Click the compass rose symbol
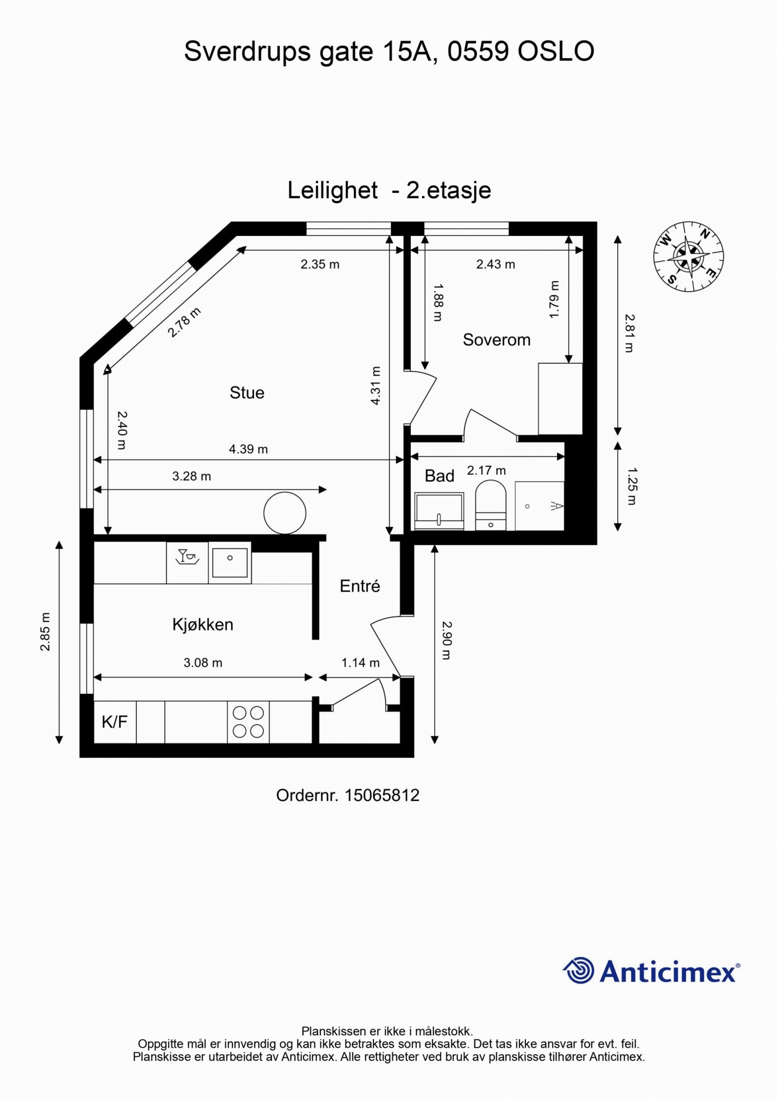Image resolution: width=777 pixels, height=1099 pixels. (x=689, y=256)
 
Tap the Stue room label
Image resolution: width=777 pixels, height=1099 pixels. (x=247, y=392)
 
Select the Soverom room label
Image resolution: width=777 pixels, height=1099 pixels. (x=496, y=339)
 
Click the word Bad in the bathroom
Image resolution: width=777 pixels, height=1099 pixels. (x=439, y=476)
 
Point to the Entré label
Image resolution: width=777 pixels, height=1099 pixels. (x=360, y=586)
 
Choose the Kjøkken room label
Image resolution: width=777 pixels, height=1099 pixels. (x=203, y=625)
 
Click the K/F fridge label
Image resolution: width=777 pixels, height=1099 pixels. (x=115, y=722)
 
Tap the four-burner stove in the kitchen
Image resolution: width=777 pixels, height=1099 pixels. (x=248, y=722)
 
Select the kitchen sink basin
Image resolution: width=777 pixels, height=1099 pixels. (x=230, y=562)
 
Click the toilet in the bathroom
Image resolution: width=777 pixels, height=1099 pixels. (x=490, y=505)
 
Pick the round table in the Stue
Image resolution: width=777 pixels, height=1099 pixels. (x=285, y=513)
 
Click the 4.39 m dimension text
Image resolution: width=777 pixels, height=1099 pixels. (x=248, y=449)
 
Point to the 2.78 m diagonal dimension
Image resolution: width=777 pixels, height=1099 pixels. (x=184, y=322)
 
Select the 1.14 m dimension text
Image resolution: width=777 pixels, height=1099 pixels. (x=360, y=663)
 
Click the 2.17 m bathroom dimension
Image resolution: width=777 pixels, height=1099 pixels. (x=486, y=470)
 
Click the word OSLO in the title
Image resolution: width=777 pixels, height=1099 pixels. (x=556, y=51)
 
